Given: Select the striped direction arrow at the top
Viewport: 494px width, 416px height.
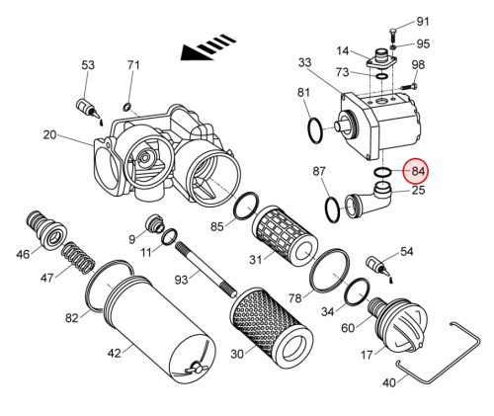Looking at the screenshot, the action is (208, 47).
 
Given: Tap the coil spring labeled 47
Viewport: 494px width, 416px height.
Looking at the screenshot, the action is (79, 258).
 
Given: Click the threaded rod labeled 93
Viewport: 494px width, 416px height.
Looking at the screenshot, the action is (206, 270).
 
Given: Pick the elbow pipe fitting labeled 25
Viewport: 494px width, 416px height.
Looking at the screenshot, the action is (369, 201).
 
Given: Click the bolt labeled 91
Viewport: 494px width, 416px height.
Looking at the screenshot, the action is (393, 35).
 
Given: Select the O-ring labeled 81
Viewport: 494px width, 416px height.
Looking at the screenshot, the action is (316, 130).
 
